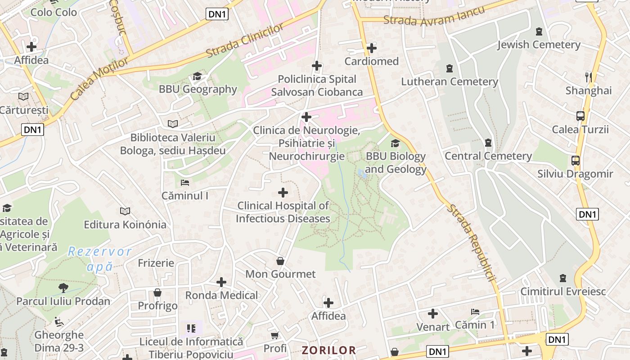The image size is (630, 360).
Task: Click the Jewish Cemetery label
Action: (539, 45)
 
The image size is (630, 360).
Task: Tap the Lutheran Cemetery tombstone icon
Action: (449, 68)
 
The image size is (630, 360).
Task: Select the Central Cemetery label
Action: (488, 156)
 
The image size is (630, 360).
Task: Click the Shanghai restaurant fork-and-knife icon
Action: (588, 76)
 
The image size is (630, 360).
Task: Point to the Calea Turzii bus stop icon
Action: (580, 116)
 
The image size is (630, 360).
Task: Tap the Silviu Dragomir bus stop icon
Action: (575, 160)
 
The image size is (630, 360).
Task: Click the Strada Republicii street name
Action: (471, 243)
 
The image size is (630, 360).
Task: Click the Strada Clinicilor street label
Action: (245, 40)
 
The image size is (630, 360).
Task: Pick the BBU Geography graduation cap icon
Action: (197, 76)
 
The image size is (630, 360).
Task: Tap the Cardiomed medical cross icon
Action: (372, 48)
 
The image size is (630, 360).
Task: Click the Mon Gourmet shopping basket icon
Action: (280, 261)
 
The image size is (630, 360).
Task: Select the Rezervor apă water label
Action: (100, 259)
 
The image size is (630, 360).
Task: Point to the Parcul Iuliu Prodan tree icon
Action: (63, 288)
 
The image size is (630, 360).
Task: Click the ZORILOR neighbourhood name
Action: (328, 350)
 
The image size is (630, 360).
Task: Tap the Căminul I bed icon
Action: (184, 183)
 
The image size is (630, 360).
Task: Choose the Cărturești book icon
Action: (23, 96)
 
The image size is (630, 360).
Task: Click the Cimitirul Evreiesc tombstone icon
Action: (562, 278)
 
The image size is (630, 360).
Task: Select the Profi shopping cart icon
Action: (274, 335)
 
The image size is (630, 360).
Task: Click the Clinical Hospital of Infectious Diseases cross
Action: (283, 193)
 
